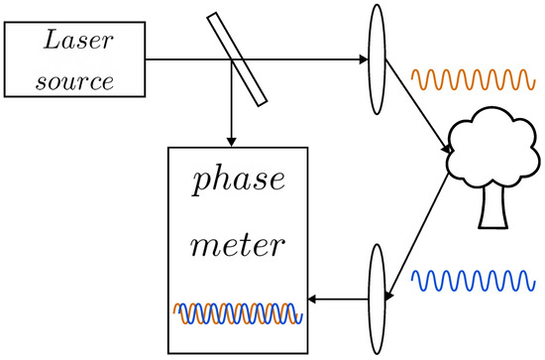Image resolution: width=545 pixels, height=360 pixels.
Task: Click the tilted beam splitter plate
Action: [x=238, y=59]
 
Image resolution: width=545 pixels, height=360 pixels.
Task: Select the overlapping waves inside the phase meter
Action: [x=238, y=313]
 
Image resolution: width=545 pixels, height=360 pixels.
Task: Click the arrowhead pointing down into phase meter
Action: [x=231, y=139]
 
